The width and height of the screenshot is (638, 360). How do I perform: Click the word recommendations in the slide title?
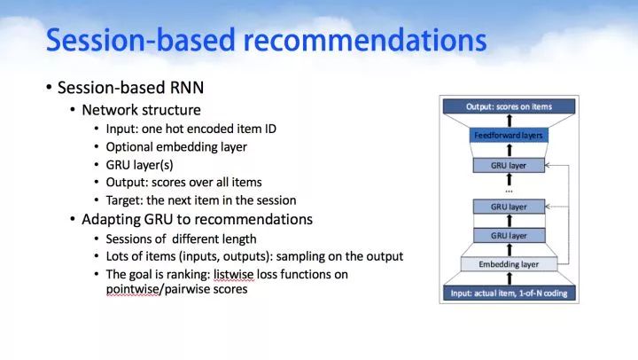365,40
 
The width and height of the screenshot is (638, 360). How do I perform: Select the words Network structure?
141,110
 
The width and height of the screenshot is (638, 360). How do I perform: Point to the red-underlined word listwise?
234,275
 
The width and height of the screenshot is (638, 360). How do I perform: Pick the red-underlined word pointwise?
133,289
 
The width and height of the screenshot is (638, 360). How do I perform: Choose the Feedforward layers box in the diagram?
509,135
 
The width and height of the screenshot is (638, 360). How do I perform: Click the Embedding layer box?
509,264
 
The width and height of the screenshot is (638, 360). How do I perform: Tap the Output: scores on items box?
509,106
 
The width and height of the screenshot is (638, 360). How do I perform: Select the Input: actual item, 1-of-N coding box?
509,293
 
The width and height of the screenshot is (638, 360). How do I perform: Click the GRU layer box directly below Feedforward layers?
509,165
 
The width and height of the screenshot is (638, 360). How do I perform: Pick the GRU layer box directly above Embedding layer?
509,235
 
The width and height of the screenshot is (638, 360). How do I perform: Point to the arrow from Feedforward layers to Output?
509,121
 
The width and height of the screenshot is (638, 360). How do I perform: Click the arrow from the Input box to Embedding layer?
509,279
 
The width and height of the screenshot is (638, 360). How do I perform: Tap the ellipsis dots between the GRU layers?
509,191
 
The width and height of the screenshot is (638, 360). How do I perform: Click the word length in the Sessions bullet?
238,239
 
